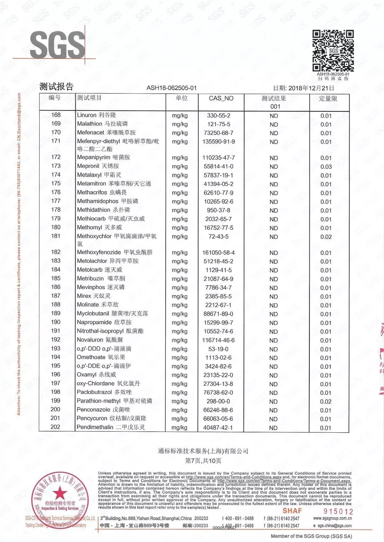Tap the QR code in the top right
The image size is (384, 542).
point(333,51)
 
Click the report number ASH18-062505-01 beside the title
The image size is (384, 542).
point(171,88)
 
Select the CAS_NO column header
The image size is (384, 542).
point(221,98)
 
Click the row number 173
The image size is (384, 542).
point(56,166)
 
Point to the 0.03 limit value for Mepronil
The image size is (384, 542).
point(326,166)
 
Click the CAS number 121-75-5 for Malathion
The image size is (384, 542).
point(218,124)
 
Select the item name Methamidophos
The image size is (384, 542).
point(97,201)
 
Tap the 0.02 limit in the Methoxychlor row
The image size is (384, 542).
point(326,237)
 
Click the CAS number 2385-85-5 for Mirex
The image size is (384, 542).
point(218,296)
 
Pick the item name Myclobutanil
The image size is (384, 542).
point(93,314)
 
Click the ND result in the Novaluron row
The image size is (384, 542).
point(273,340)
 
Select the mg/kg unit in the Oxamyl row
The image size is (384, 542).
point(180,375)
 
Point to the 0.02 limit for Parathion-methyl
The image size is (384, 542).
point(326,401)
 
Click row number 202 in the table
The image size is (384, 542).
point(55,427)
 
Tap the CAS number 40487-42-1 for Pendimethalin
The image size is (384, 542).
point(218,428)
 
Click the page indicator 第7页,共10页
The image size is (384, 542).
point(203,461)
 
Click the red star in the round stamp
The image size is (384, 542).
point(60,493)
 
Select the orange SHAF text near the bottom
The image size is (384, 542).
point(292,511)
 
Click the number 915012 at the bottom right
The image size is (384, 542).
point(338,511)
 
